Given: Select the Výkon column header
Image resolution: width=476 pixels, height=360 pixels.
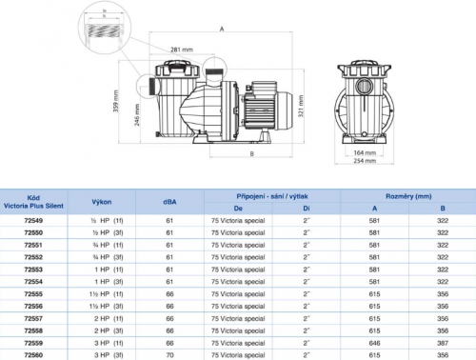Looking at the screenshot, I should [x=104, y=202].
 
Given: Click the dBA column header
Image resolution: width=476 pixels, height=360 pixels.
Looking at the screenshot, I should [x=170, y=202].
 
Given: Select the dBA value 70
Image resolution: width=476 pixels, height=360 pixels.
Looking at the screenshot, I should [x=170, y=354].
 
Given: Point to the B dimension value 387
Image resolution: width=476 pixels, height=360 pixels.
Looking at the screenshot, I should [x=442, y=342].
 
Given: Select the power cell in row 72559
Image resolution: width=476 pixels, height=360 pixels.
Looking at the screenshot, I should [x=104, y=342].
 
